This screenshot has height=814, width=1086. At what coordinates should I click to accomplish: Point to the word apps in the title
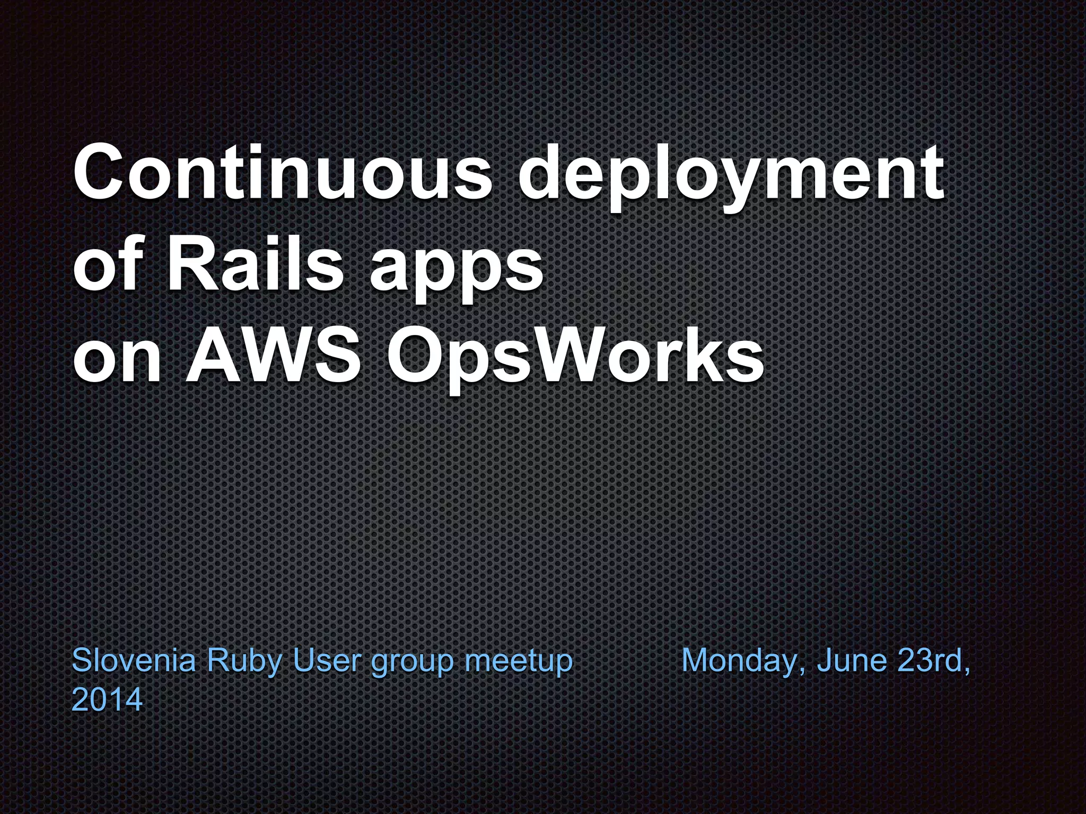click(456, 270)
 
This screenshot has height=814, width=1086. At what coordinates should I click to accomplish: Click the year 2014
click(107, 700)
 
